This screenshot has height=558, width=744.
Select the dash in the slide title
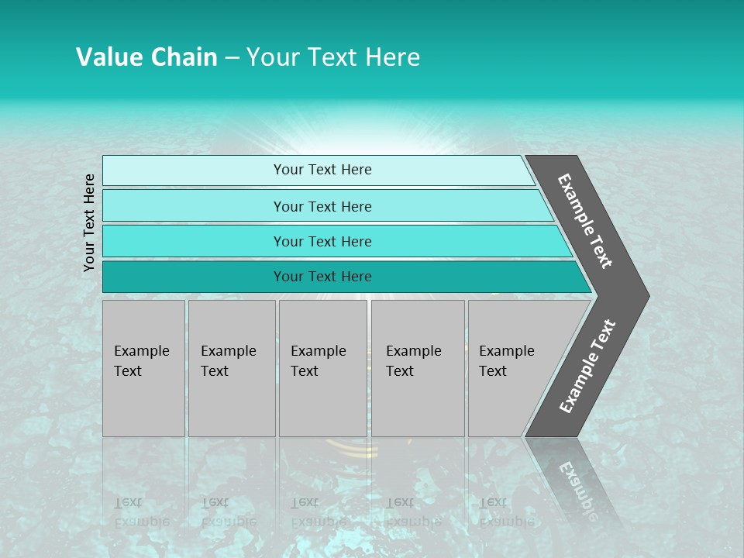pos(232,58)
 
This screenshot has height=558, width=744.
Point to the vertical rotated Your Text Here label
pos(89,222)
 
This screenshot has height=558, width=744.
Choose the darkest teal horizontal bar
pos(194,277)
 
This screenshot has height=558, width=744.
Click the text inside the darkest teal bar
pos(322,277)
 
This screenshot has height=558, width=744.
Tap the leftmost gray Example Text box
pos(143,368)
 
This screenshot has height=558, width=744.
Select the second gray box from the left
pos(232,368)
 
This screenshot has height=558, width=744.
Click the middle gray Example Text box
pos(322,368)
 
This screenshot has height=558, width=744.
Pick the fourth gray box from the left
pos(418,368)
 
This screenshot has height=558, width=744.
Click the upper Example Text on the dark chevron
pos(585,221)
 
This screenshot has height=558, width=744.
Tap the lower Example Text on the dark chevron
pos(587,366)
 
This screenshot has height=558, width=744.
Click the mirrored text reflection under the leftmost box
pos(142,511)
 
